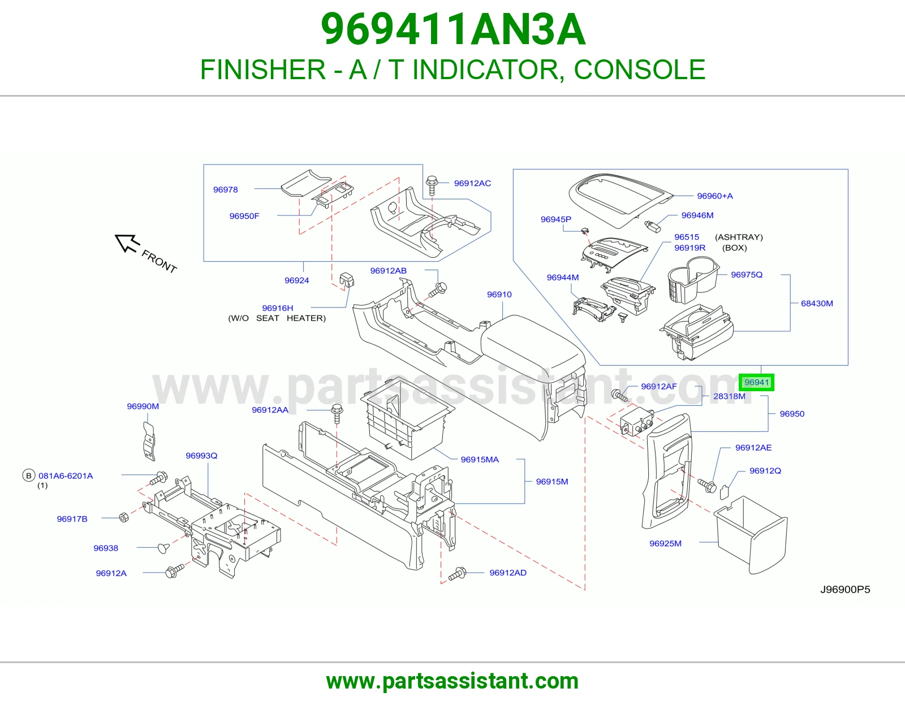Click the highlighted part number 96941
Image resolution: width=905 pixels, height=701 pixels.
756,382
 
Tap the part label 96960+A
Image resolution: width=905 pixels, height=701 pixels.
715,196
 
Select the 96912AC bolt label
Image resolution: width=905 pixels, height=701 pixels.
472,183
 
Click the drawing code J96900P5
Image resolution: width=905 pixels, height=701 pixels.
845,590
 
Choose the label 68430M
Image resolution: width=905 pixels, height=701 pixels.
817,304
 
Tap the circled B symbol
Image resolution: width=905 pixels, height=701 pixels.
29,475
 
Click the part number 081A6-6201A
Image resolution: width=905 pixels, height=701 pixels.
66,476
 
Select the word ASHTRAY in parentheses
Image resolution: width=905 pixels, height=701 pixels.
739,237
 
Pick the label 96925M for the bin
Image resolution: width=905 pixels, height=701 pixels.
665,543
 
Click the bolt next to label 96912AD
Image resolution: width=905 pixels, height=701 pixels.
458,574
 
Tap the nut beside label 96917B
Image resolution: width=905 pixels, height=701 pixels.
124,517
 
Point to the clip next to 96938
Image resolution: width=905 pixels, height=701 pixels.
163,548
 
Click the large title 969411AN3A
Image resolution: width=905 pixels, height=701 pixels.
453,29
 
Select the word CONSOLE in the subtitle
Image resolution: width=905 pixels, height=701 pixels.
640,69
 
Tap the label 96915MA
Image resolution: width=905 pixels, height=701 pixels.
479,460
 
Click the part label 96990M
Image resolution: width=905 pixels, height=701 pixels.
143,406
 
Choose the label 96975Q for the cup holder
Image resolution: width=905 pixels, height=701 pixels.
747,275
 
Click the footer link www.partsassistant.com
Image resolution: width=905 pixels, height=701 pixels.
453,681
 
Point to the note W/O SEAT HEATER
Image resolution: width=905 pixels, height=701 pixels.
277,318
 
